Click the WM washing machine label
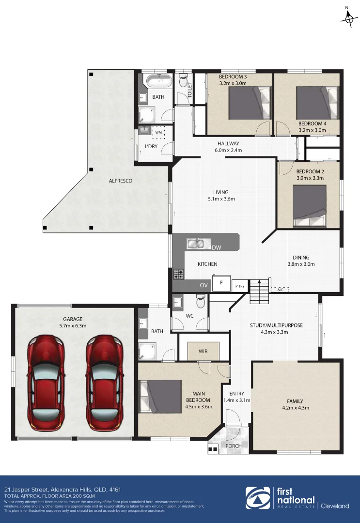click(x=158, y=132)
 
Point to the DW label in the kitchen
click(x=217, y=248)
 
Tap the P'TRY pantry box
click(x=240, y=286)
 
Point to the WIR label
click(x=203, y=351)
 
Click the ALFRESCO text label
click(x=121, y=181)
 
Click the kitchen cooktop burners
click(x=178, y=274)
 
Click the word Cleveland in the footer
click(x=335, y=506)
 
